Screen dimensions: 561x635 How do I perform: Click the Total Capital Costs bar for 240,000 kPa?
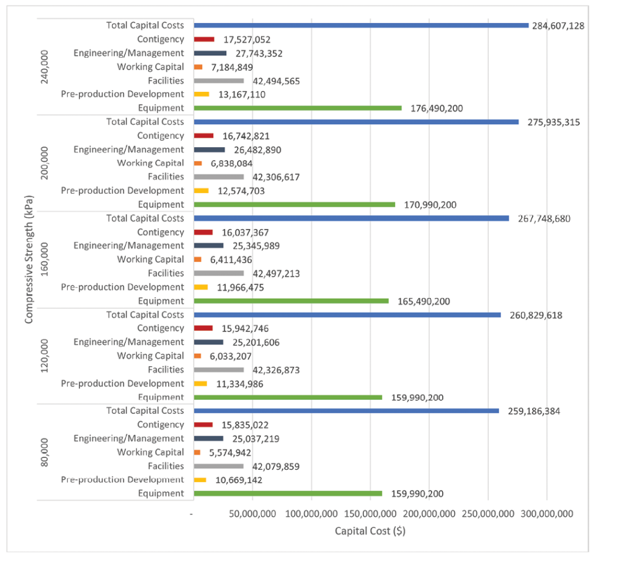tap(361, 25)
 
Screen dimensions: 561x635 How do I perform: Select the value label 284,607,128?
tap(558, 26)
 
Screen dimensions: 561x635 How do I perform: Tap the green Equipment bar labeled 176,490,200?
tap(298, 108)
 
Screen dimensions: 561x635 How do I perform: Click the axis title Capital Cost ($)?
tap(370, 531)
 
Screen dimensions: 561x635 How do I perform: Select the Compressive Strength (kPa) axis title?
tap(29, 259)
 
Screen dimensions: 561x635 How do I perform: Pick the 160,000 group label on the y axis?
tap(44, 259)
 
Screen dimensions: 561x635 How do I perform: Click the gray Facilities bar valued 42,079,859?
tap(219, 466)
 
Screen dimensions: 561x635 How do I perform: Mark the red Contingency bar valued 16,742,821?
tap(204, 136)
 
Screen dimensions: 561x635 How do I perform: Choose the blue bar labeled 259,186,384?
tap(346, 411)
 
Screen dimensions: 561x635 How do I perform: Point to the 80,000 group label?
tap(44, 452)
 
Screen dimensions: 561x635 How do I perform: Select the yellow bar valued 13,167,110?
tap(202, 94)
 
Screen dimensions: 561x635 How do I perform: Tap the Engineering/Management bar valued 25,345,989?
tap(209, 246)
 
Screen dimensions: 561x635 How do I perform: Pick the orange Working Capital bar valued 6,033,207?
tap(198, 356)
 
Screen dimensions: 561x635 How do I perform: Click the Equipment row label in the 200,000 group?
tap(161, 205)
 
